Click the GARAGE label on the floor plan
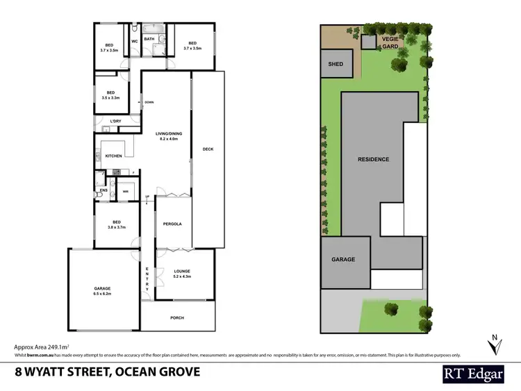pyautogui.click(x=102, y=288)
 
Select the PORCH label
pyautogui.click(x=177, y=318)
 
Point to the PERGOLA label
pyautogui.click(x=172, y=224)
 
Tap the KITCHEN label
pyautogui.click(x=113, y=156)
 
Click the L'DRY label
pyautogui.click(x=115, y=122)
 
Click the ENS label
pyautogui.click(x=104, y=190)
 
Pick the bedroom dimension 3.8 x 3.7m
pyautogui.click(x=112, y=227)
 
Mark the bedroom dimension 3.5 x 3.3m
pyautogui.click(x=110, y=98)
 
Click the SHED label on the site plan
pyautogui.click(x=336, y=64)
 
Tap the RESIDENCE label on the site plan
pyautogui.click(x=373, y=159)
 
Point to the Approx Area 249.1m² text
pyautogui.click(x=46, y=346)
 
